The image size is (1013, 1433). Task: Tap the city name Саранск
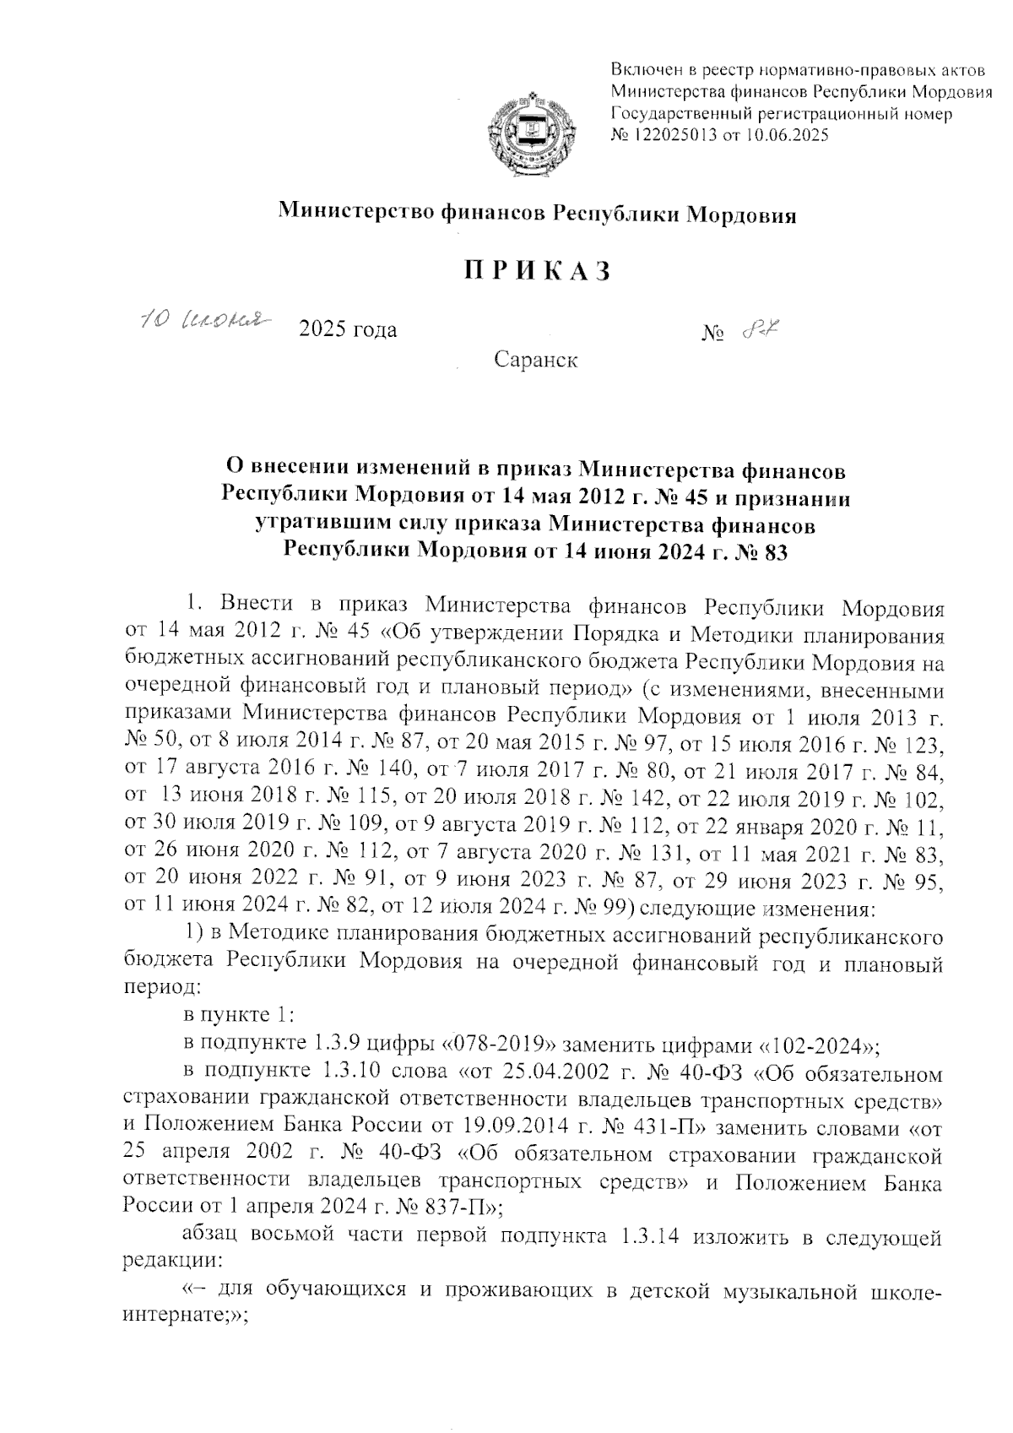tap(536, 361)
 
